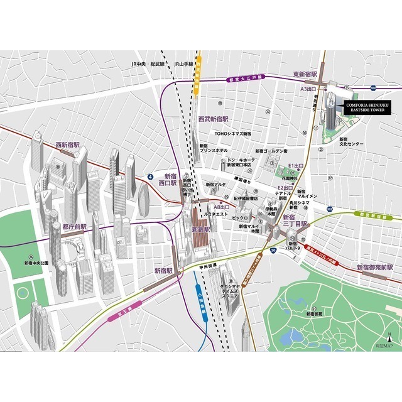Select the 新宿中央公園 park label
(36, 263)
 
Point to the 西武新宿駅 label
(213, 119)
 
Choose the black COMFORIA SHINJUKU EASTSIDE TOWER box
(366, 108)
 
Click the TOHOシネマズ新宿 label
(232, 134)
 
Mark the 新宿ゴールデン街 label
(271, 151)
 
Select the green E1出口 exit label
(295, 165)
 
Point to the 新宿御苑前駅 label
(375, 268)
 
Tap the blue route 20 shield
(273, 250)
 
